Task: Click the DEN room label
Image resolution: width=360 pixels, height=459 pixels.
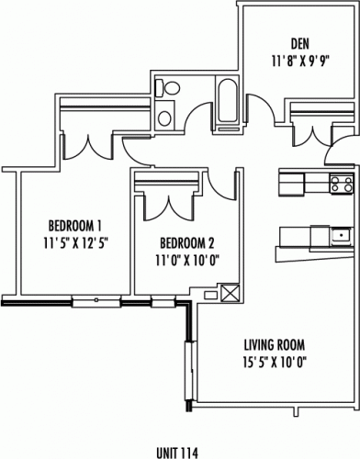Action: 300,44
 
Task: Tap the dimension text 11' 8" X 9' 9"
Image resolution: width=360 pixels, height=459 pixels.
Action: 300,62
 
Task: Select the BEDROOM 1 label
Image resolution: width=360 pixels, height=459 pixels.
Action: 75,226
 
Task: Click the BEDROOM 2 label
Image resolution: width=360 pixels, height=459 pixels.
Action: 187,243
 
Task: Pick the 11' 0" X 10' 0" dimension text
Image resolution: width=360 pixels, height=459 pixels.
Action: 187,261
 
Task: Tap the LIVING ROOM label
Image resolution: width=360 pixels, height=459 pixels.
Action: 275,345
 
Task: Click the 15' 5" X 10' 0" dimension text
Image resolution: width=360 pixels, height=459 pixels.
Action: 275,363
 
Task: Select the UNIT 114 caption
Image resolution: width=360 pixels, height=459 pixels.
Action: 177,453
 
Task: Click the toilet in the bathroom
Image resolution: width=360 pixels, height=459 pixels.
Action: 168,88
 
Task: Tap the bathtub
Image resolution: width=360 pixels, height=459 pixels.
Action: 227,100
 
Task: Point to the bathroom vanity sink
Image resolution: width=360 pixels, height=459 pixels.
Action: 164,118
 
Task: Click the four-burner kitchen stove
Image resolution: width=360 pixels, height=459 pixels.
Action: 341,184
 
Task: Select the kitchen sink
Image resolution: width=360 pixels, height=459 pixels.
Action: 341,235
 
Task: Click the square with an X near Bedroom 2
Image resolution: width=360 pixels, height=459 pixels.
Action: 229,292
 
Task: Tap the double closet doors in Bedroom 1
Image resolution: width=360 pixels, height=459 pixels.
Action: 88,148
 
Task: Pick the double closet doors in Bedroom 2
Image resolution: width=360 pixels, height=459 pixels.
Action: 169,208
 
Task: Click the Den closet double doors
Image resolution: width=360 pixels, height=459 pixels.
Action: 312,136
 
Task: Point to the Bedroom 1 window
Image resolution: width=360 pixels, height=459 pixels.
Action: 96,302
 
